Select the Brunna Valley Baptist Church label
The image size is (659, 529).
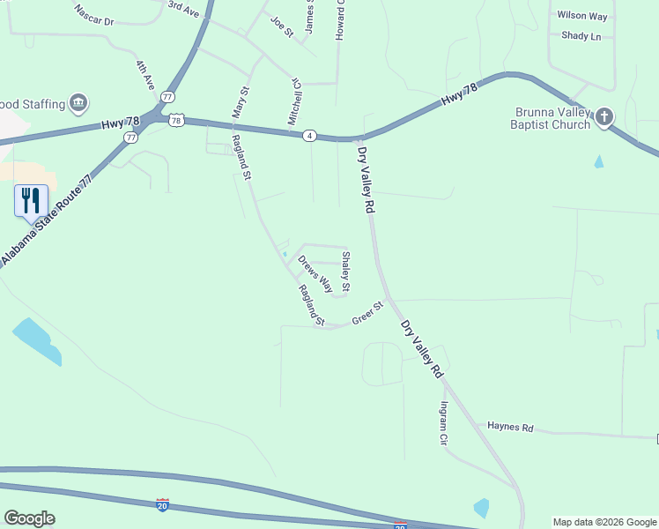[552, 118]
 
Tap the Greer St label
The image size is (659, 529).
[367, 313]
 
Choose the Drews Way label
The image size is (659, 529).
[315, 273]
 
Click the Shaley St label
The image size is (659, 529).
[346, 271]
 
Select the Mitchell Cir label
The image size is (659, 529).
[295, 101]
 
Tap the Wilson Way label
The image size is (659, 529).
[582, 16]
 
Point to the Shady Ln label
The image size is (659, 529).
[581, 36]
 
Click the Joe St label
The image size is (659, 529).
[282, 26]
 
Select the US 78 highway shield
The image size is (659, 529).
[177, 120]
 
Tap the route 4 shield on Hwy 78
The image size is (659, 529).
[309, 135]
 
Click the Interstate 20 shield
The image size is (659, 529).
[162, 504]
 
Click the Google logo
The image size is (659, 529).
[29, 518]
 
